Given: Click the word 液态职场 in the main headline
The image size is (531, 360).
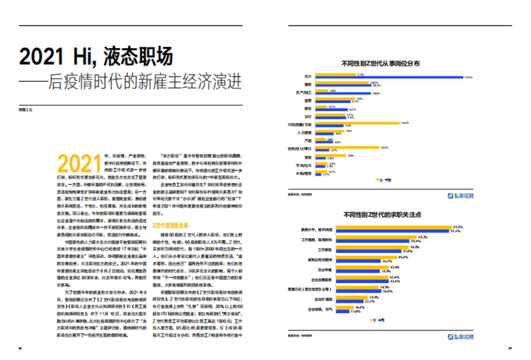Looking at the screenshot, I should tap(138, 57).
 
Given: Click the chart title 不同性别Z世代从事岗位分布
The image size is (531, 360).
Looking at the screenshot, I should tap(381, 63).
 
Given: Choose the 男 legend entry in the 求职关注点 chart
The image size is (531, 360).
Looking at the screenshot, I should tap(381, 320).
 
